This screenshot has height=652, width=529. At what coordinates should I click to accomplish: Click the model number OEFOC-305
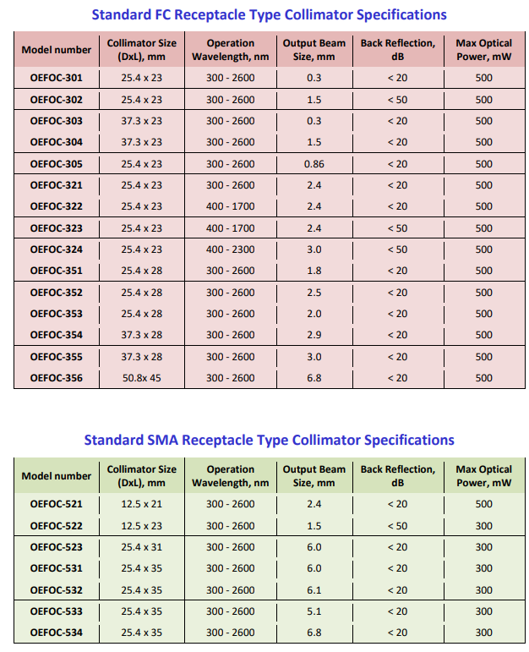click(x=56, y=164)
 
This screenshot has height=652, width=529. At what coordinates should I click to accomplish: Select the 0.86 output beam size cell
click(x=314, y=164)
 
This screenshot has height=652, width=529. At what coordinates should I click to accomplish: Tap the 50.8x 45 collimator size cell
click(x=141, y=378)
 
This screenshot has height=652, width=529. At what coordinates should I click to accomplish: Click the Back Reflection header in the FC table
click(x=397, y=50)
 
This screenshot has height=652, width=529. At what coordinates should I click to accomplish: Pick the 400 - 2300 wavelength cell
click(x=230, y=249)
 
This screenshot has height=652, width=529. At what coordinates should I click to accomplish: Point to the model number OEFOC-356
click(x=56, y=378)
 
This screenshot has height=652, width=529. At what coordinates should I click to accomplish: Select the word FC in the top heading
click(x=168, y=14)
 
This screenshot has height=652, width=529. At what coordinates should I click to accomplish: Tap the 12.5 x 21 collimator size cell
click(x=141, y=504)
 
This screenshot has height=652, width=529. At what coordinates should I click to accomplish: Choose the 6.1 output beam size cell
click(x=314, y=590)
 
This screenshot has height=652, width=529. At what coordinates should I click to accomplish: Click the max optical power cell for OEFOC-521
click(x=483, y=504)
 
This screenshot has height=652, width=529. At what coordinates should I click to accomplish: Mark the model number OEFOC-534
click(x=56, y=633)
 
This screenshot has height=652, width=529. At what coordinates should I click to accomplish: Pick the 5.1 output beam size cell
click(x=314, y=611)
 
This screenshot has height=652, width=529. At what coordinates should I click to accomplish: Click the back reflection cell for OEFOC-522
click(x=397, y=526)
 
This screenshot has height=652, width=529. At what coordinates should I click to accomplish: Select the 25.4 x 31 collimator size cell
click(x=141, y=547)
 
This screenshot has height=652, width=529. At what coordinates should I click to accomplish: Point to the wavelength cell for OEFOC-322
click(x=230, y=206)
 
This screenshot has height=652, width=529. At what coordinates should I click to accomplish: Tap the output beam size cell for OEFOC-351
click(x=314, y=271)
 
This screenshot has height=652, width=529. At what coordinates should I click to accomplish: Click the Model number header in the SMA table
click(x=56, y=476)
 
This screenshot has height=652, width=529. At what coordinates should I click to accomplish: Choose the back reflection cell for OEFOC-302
click(x=397, y=100)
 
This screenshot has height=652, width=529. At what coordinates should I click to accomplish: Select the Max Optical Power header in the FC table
click(x=483, y=50)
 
